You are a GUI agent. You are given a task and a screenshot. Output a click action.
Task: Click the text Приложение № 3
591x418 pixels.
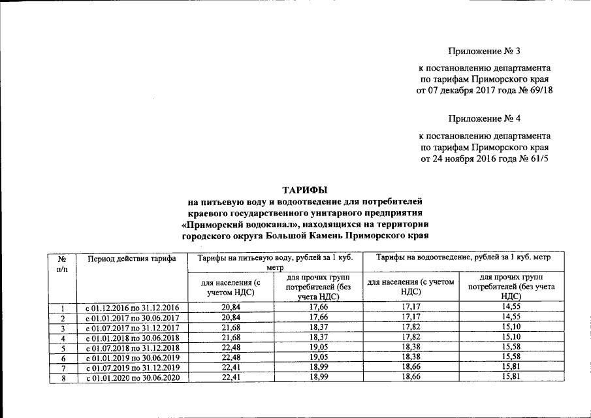[485, 51]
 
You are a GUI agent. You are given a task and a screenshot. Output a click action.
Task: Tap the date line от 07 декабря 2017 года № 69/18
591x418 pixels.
[485, 90]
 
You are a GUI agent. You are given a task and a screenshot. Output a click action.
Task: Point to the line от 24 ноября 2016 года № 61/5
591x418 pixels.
[485, 158]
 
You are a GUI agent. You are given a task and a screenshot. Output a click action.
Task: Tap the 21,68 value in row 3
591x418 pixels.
[232, 328]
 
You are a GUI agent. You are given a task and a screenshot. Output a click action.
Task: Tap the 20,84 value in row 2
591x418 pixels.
[232, 317]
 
